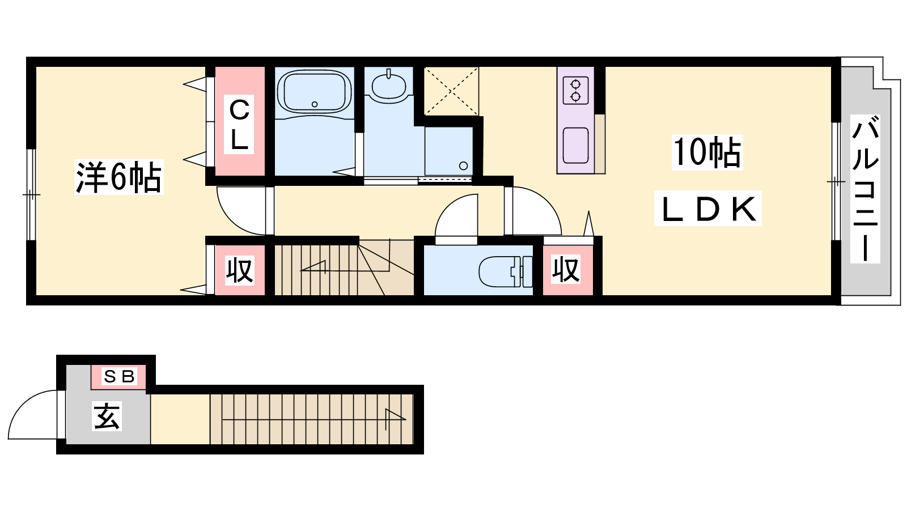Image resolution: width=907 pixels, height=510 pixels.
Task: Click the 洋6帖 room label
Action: click(118, 177)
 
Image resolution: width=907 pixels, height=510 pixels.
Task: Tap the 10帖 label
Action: click(707, 152)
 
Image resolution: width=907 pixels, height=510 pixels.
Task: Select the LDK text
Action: click(708, 209)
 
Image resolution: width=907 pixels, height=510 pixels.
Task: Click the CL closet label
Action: click(239, 125)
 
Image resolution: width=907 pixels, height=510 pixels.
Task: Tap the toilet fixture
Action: click(506, 271)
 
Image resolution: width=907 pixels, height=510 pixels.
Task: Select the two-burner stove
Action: click(575, 91)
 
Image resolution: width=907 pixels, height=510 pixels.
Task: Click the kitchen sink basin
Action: click(575, 145)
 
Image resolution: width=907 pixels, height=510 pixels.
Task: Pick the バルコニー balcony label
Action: click(865, 189)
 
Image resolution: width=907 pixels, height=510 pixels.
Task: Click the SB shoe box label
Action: click(119, 376)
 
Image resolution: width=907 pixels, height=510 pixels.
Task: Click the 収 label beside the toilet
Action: click(566, 269)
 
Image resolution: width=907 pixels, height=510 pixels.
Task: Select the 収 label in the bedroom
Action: click(240, 270)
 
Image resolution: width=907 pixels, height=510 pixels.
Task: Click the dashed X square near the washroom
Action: click(451, 91)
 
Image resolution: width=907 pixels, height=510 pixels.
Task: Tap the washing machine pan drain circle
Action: click(464, 165)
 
